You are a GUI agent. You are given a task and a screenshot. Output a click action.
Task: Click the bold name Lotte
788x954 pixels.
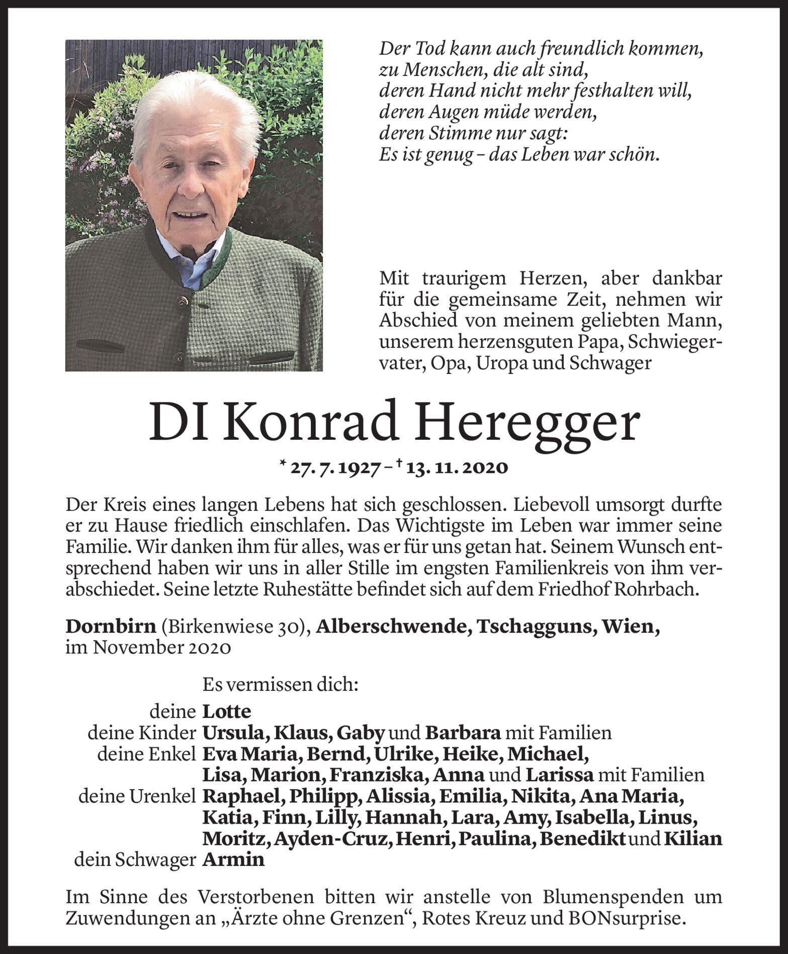pyautogui.click(x=226, y=711)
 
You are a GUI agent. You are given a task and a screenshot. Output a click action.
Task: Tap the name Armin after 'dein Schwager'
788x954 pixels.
pyautogui.click(x=233, y=859)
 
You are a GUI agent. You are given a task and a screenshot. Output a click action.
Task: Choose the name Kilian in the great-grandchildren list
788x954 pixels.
pyautogui.click(x=693, y=838)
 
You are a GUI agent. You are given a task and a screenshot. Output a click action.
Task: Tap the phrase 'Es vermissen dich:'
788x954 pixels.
pyautogui.click(x=280, y=684)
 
